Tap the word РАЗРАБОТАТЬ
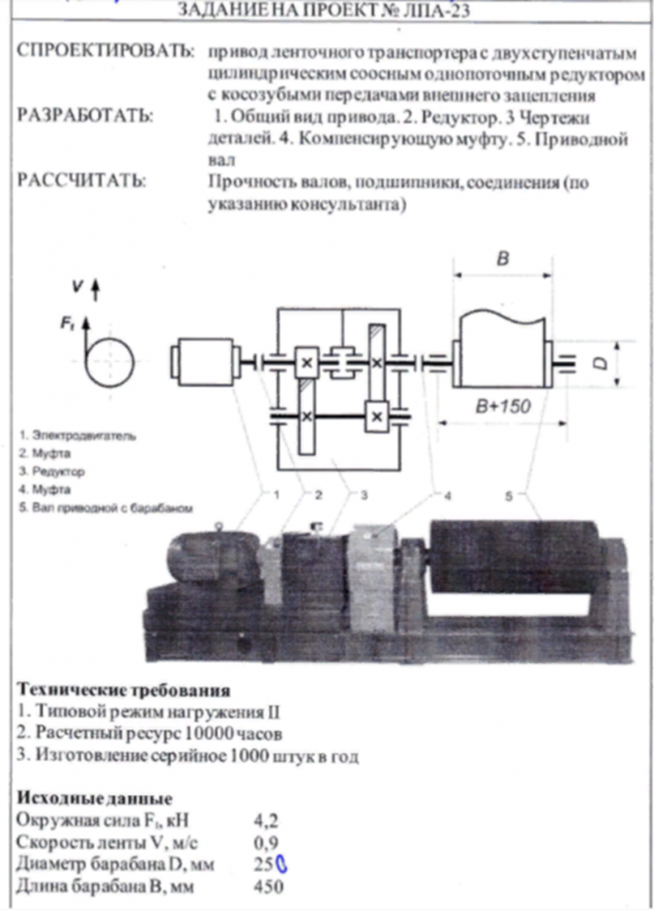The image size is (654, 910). (85, 117)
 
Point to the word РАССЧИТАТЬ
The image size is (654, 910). (81, 183)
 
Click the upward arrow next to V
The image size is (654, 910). (96, 291)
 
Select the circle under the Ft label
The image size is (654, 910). (107, 363)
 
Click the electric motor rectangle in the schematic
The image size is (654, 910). (205, 362)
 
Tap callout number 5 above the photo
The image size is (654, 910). (509, 496)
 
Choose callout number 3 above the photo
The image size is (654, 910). (363, 497)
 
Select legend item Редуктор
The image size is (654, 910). (58, 472)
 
